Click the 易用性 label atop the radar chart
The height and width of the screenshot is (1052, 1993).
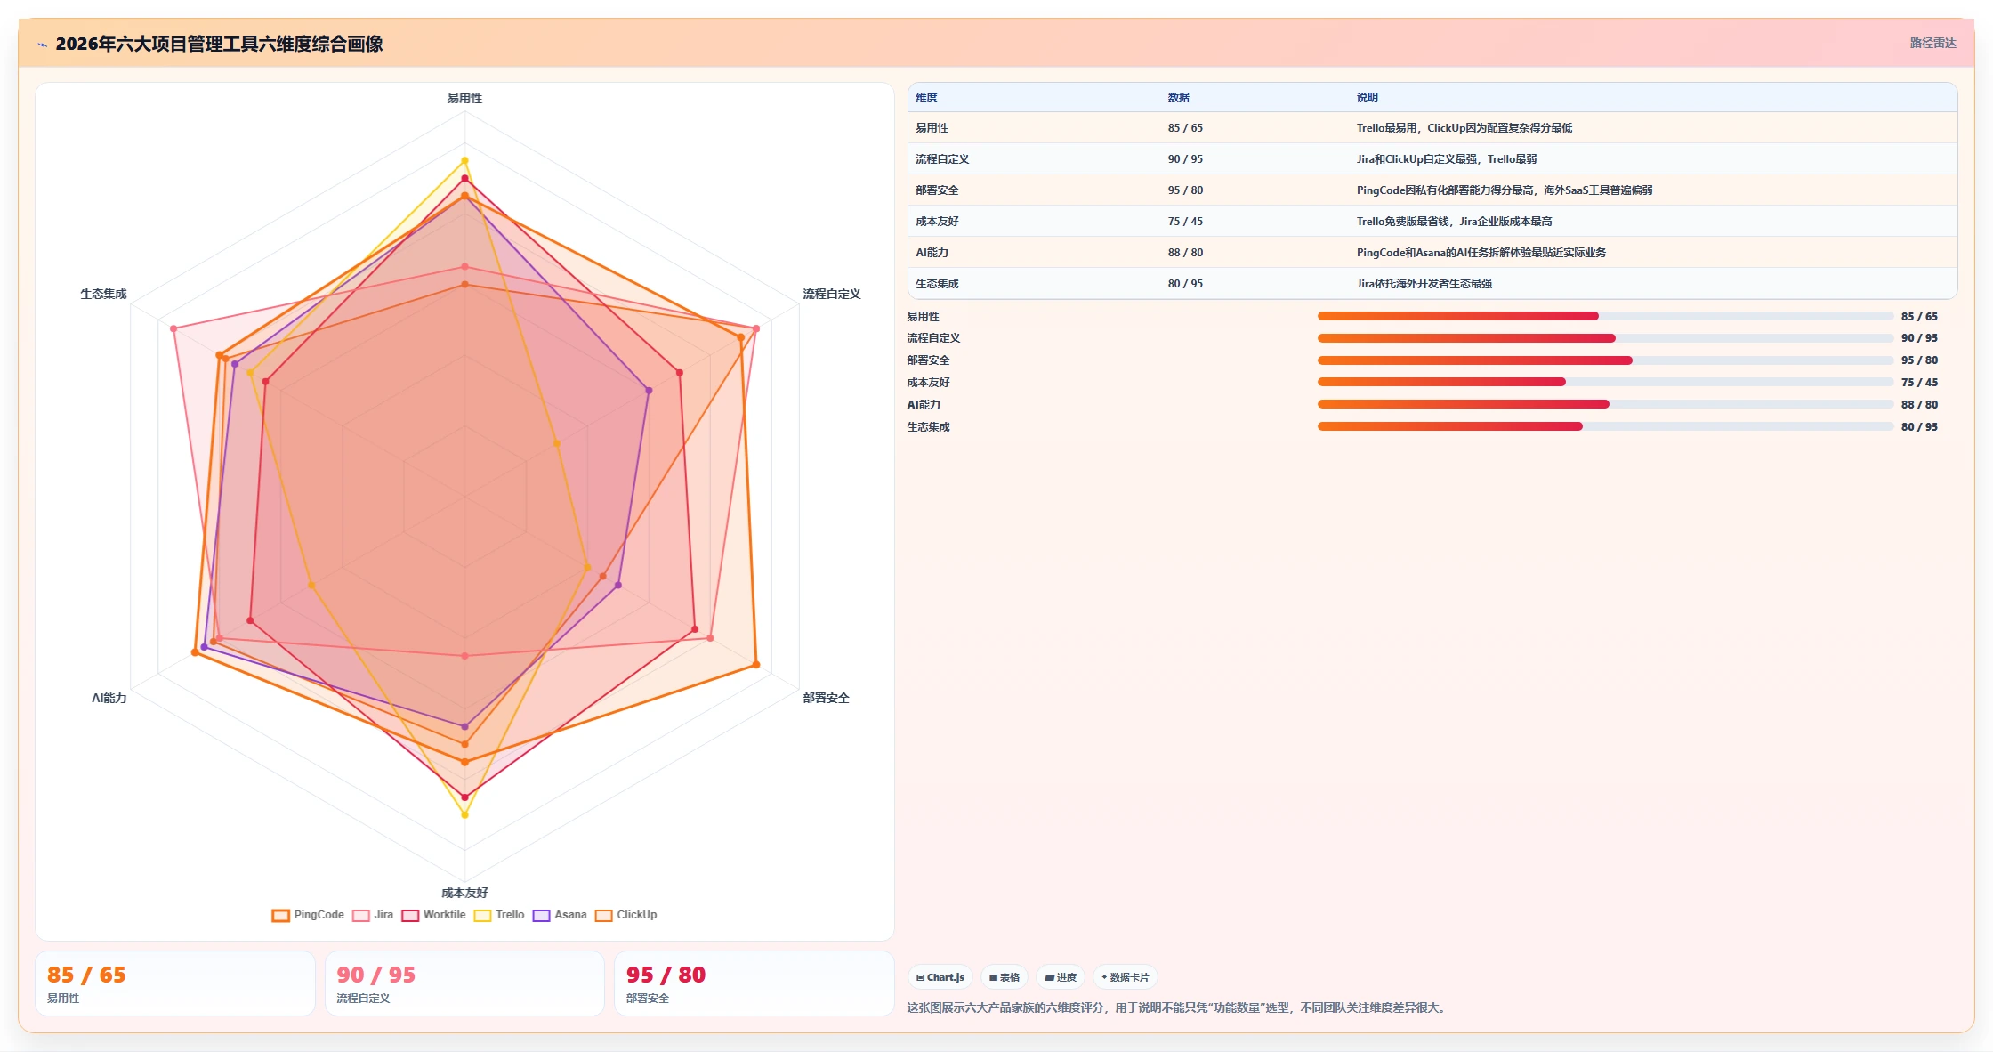tap(464, 99)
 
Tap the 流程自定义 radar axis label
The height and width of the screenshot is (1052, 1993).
tap(832, 294)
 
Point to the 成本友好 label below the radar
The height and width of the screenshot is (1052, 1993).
tap(464, 893)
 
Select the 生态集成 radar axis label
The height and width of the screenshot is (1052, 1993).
tap(103, 294)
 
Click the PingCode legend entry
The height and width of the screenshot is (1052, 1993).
tap(308, 915)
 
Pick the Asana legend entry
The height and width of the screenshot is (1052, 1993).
tap(560, 915)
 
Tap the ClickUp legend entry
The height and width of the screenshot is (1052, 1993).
tap(626, 915)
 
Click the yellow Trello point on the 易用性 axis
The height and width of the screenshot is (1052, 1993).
tap(464, 160)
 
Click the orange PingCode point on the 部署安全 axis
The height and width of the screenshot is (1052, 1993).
tap(756, 665)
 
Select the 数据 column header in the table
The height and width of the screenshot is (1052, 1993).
tap(1179, 98)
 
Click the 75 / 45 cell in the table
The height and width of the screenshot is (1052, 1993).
tap(1185, 222)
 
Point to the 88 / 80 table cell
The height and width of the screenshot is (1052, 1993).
tap(1185, 253)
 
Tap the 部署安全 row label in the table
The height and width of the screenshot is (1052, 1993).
tap(937, 190)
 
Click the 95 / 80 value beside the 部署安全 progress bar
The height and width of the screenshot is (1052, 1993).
tap(1919, 360)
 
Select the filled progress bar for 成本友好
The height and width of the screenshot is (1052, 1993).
tap(1441, 382)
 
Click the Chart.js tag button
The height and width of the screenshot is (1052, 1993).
tap(940, 977)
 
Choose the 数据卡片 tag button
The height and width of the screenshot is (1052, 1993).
tap(1125, 977)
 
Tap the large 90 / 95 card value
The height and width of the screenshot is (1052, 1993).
tap(376, 975)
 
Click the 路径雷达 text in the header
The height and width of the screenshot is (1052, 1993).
tap(1933, 43)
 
